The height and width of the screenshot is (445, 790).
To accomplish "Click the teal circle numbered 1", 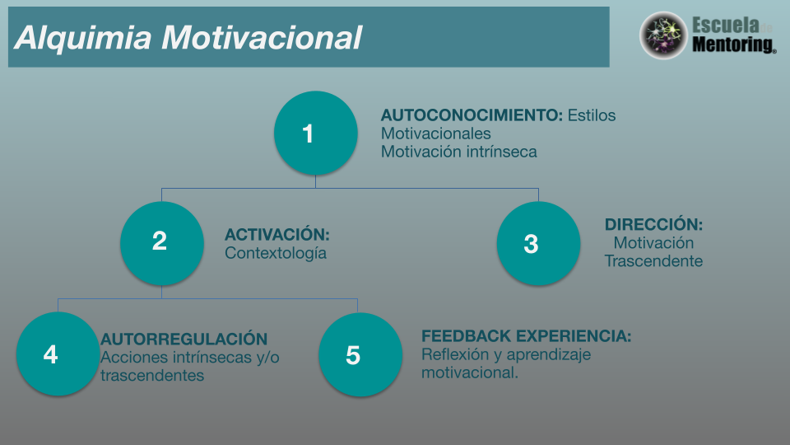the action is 316,133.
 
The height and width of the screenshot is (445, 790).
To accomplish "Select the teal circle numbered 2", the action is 162,243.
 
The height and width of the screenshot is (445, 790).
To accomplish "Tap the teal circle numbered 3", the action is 538,243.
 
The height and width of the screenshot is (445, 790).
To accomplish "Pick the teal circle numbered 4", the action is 58,354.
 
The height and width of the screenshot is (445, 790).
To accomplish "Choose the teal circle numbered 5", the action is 360,354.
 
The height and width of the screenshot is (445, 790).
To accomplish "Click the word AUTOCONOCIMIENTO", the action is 472,115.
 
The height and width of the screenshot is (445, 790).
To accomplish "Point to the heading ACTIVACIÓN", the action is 277,234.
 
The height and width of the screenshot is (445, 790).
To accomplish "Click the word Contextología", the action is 276,253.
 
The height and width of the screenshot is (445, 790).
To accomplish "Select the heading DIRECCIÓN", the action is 653,224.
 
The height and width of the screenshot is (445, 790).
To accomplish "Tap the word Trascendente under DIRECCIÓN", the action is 653,261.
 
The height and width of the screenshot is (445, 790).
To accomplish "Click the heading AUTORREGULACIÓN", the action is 184,339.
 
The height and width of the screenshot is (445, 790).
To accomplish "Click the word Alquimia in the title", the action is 82,38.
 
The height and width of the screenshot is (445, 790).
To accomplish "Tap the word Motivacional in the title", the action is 262,38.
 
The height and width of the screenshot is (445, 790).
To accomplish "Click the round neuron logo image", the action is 663,35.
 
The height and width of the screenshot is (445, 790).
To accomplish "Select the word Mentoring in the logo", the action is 733,44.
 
